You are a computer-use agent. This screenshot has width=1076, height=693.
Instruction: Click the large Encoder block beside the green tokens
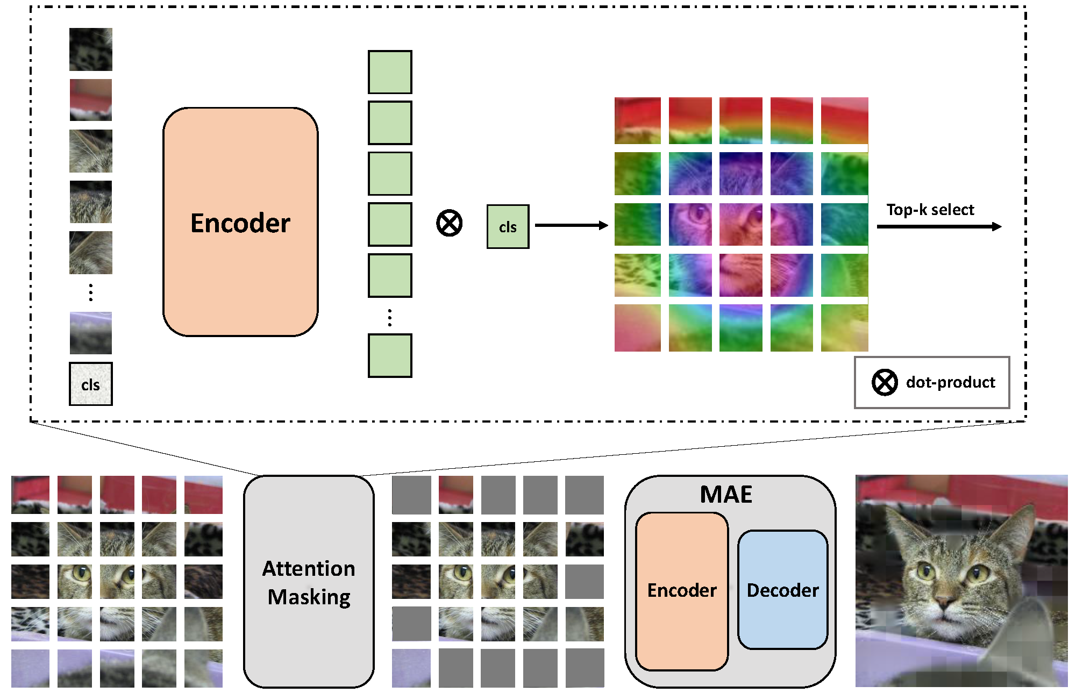click(240, 222)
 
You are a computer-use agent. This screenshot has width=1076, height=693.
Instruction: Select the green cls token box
click(508, 226)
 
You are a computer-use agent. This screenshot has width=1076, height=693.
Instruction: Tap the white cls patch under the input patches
click(90, 384)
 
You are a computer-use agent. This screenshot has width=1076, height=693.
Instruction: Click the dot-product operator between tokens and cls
click(449, 223)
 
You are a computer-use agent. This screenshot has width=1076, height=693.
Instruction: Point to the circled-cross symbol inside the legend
click(884, 382)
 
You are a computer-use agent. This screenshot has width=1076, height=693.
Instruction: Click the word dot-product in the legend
click(950, 382)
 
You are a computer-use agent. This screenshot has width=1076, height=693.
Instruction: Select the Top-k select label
click(930, 210)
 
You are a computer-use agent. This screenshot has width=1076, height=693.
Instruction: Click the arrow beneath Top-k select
click(938, 226)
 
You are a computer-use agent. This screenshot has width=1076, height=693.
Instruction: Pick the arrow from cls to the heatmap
click(571, 225)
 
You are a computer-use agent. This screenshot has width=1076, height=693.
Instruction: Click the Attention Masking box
click(309, 582)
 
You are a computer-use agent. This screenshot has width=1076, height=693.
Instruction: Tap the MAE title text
click(726, 494)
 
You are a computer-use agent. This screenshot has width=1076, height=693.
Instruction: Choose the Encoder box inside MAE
click(681, 591)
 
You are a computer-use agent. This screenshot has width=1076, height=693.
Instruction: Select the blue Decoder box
click(782, 590)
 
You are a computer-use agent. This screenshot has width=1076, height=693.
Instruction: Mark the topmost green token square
click(390, 72)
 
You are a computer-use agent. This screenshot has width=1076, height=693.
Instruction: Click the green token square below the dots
click(390, 355)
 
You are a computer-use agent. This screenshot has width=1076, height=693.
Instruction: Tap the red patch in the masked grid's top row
click(456, 494)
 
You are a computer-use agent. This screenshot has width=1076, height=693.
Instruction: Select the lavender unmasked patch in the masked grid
click(411, 668)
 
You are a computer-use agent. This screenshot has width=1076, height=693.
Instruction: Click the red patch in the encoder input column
click(90, 100)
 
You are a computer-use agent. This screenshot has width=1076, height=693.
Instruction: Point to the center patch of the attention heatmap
click(740, 225)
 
